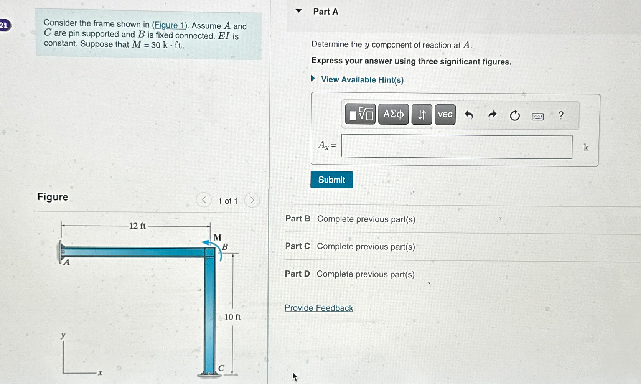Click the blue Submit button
pos(331,180)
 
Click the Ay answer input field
pos(456,147)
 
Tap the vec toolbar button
pos(445,114)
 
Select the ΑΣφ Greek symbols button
pos(393,114)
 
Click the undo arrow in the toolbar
pos(469,115)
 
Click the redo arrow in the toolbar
pos(492,115)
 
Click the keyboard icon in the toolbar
pos(537,116)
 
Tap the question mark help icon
pos(561,115)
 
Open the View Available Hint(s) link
pos(362,80)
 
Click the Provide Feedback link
pos(319,308)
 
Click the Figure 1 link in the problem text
pos(169,25)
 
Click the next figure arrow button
pos(252,200)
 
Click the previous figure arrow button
pos(204,200)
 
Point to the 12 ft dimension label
pos(137,226)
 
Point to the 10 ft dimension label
pos(232,317)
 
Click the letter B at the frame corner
pos(225,247)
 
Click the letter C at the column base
pos(221,368)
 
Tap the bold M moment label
pos(218,237)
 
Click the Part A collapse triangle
pos(299,11)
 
